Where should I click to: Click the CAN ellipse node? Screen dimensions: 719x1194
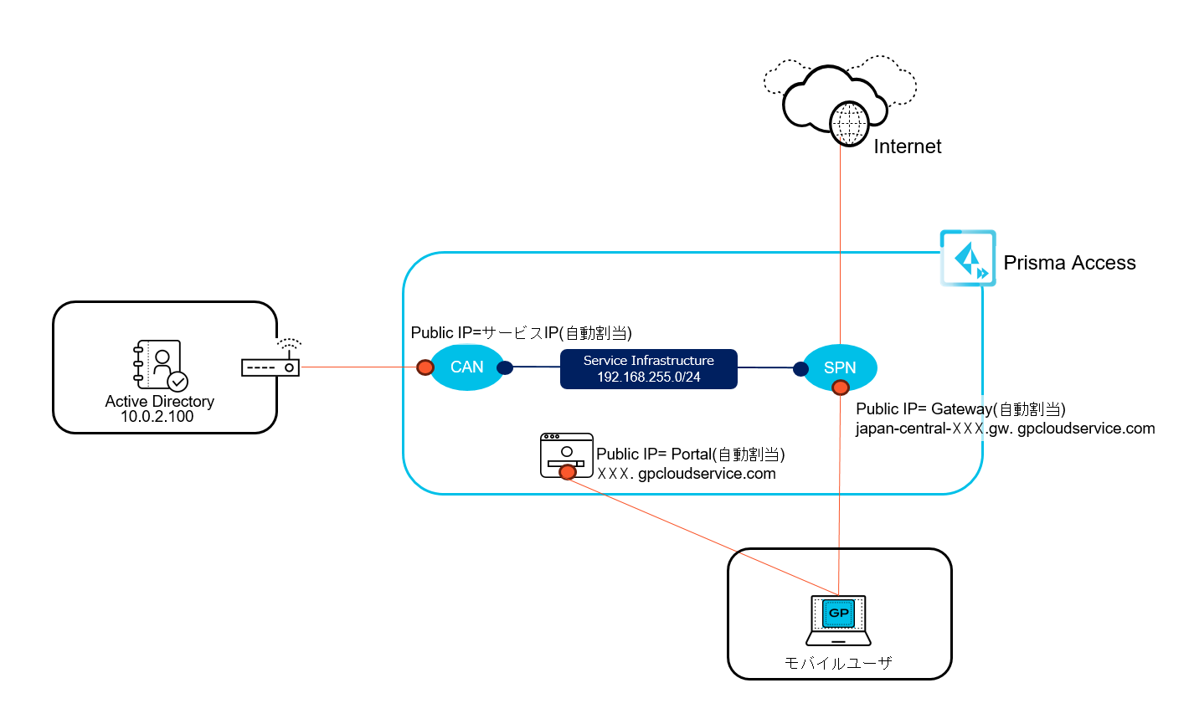click(x=467, y=367)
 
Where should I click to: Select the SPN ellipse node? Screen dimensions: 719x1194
click(x=840, y=367)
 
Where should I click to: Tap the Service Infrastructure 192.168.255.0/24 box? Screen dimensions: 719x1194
click(x=649, y=369)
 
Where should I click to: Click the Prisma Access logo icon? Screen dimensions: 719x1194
click(x=968, y=258)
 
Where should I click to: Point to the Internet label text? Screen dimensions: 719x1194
click(x=908, y=146)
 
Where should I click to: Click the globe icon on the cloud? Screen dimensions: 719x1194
click(x=847, y=124)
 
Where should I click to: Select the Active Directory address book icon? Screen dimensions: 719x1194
click(x=160, y=365)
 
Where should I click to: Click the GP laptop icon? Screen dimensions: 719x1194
click(x=838, y=620)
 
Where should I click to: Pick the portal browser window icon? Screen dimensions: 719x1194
click(x=567, y=454)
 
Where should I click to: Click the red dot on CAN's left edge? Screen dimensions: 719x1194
click(x=425, y=367)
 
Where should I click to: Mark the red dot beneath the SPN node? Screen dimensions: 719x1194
click(x=840, y=387)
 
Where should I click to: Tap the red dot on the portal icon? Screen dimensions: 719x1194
click(x=568, y=472)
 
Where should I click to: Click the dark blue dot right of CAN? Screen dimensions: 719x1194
click(x=505, y=367)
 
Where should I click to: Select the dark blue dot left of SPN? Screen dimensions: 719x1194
click(x=800, y=367)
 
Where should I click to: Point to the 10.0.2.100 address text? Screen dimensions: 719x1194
click(x=157, y=417)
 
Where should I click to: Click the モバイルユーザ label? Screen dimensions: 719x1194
click(x=838, y=663)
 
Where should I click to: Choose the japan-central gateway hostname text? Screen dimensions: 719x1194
click(x=1005, y=429)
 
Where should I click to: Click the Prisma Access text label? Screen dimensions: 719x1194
click(x=1069, y=263)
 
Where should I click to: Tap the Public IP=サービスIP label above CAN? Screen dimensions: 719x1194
click(x=521, y=332)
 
